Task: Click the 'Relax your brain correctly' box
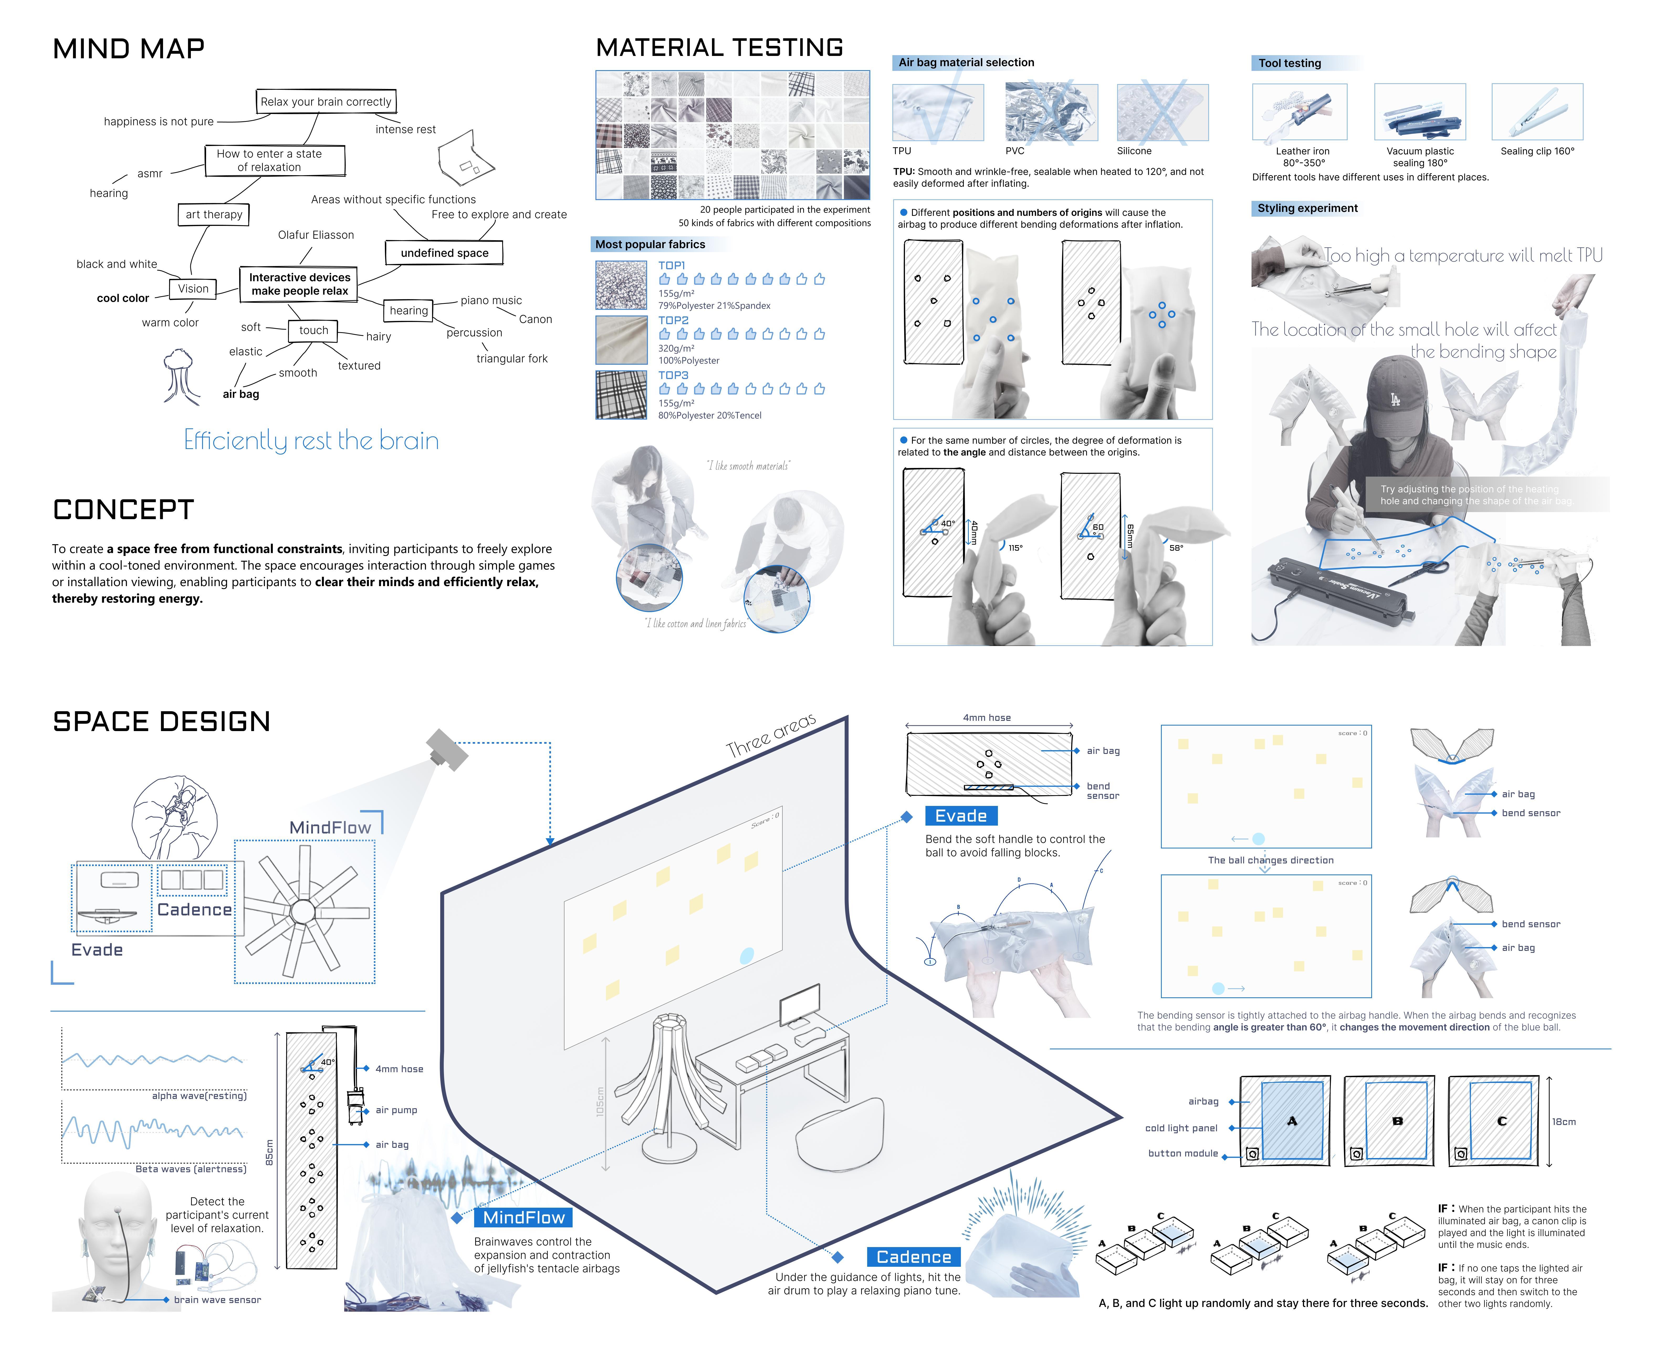pyautogui.click(x=325, y=101)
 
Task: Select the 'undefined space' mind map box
pyautogui.click(x=444, y=253)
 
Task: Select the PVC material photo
pyautogui.click(x=1051, y=112)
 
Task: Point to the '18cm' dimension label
pyautogui.click(x=1563, y=1122)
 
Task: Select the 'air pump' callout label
pyautogui.click(x=396, y=1110)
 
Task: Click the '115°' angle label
pyautogui.click(x=1015, y=548)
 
